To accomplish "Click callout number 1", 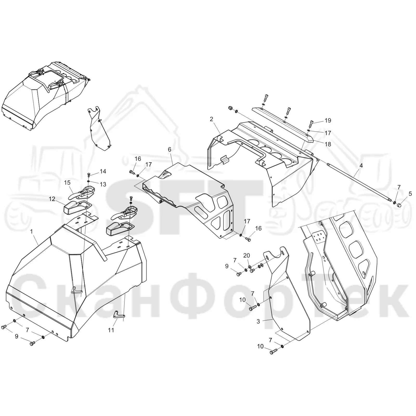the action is click(32, 231).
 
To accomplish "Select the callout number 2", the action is click(211, 119).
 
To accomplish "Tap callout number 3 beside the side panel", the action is click(258, 321).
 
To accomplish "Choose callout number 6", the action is click(170, 149).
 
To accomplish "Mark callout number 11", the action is click(111, 330).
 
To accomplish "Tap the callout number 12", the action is click(52, 199).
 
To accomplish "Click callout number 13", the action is click(103, 184).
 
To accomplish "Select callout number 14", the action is click(103, 171).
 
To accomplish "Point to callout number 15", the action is click(67, 183).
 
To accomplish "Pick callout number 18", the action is click(328, 144).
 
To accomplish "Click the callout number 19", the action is click(328, 120).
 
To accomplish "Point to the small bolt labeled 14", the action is click(89, 175).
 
